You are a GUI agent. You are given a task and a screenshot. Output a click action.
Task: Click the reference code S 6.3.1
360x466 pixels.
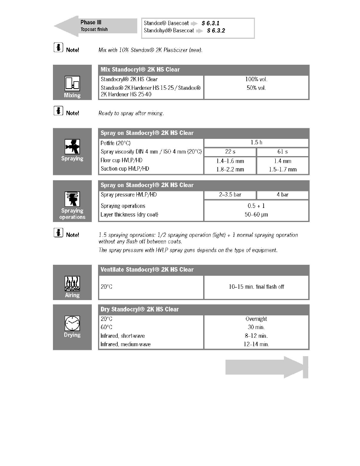pos(211,23)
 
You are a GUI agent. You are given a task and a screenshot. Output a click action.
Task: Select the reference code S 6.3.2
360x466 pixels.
pos(216,30)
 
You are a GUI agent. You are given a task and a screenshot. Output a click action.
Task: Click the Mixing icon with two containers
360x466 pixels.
pos(72,84)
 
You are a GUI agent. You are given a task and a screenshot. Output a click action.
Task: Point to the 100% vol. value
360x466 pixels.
pos(256,79)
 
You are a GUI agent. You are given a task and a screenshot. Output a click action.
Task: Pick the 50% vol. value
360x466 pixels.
pos(256,87)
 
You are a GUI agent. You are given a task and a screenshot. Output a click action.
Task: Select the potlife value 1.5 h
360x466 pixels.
pos(256,143)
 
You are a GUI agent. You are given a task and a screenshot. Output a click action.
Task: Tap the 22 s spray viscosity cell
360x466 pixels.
pos(230,152)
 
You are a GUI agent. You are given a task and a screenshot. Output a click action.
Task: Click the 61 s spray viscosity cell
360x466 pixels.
pos(282,152)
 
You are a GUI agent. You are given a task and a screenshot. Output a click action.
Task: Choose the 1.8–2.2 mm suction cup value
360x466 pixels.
pos(230,169)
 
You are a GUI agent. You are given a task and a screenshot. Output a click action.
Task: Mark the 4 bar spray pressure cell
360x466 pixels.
pos(282,195)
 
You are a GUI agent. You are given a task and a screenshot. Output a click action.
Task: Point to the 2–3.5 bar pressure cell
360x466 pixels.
pos(230,195)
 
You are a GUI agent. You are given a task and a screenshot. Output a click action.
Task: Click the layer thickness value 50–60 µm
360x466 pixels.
pos(256,215)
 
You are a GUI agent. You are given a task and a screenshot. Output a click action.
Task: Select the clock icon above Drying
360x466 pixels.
pos(72,324)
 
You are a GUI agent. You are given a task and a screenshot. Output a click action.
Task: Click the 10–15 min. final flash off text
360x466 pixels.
pos(256,287)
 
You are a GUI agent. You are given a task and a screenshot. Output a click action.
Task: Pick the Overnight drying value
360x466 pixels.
pos(256,319)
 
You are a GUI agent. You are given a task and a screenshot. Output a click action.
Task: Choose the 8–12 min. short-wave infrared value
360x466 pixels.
pos(256,336)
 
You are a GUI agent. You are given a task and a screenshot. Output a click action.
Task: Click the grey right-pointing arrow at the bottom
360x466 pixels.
pos(267,367)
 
